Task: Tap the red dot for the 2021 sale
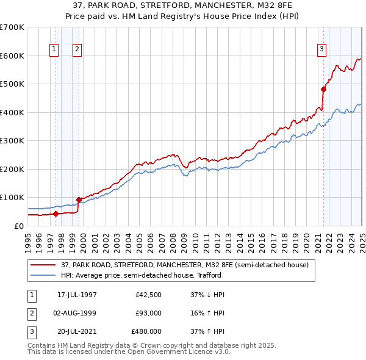point(323,89)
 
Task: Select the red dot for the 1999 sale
point(79,200)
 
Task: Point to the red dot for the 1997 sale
point(56,214)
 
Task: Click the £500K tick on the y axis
point(12,84)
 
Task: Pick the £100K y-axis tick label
point(12,197)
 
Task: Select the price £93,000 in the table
point(148,313)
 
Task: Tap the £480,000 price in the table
point(146,331)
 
